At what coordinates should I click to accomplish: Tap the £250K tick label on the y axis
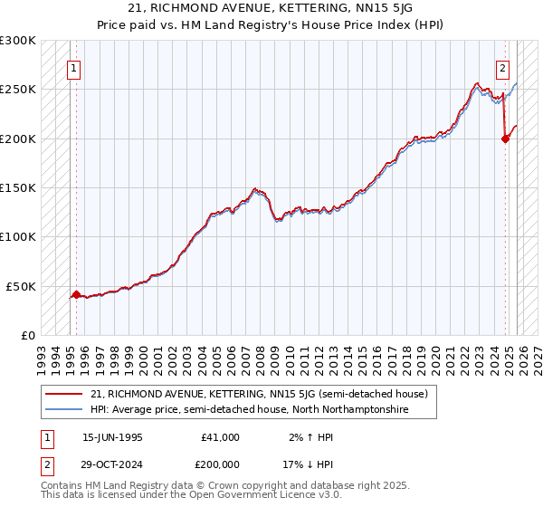click(18, 90)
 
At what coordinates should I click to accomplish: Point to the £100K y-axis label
click(18, 236)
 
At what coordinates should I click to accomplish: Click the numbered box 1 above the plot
click(73, 66)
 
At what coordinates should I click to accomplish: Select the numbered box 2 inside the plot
click(502, 66)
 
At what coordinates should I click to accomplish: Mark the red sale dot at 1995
click(76, 294)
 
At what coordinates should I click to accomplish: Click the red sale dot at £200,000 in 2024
click(505, 139)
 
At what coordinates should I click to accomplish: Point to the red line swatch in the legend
click(64, 394)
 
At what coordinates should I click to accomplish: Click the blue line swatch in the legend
click(64, 409)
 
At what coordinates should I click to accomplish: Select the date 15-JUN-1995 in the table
click(112, 437)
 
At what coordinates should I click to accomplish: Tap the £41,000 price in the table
click(221, 437)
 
